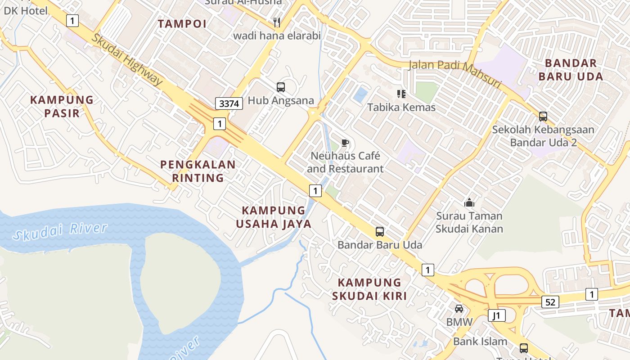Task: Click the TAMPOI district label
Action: tap(182, 24)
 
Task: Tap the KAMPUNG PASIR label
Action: tap(62, 106)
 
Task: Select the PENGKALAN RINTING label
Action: tap(198, 171)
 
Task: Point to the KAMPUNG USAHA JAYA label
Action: tap(274, 217)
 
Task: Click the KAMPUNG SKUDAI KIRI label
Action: tap(369, 289)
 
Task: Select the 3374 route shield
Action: tap(229, 103)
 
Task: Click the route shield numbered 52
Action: tap(550, 302)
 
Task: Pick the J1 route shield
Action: tap(497, 315)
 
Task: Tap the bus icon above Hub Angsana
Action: tap(281, 87)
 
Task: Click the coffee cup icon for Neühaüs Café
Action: tap(345, 143)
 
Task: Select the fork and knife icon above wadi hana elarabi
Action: tap(277, 22)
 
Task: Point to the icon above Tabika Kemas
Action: tap(401, 94)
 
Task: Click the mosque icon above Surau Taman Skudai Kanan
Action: tap(469, 202)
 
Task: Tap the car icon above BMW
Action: tap(459, 309)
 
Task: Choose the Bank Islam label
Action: tap(480, 341)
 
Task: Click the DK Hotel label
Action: tap(26, 10)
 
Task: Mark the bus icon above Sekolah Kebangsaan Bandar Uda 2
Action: tap(543, 116)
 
